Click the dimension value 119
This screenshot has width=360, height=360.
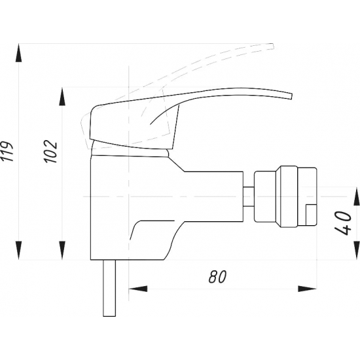[x=7, y=152]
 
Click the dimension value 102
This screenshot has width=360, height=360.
[x=51, y=151]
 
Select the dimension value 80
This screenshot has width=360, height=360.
[x=217, y=277]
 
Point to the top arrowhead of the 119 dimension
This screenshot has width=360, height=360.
[x=19, y=52]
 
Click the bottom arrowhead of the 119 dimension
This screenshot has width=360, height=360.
[x=19, y=251]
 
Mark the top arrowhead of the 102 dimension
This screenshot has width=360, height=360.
[x=62, y=96]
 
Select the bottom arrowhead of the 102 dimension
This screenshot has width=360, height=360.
[x=62, y=251]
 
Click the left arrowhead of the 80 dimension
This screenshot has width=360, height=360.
[x=138, y=289]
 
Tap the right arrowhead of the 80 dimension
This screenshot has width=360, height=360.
[x=308, y=289]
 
